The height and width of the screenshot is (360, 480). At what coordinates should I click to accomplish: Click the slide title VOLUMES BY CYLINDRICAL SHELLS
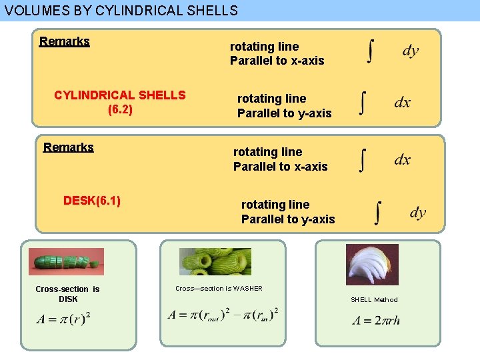click(x=121, y=11)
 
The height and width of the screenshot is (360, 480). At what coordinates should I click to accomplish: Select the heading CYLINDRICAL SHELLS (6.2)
click(x=120, y=102)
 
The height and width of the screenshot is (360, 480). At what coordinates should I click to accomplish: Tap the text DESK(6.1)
click(x=92, y=200)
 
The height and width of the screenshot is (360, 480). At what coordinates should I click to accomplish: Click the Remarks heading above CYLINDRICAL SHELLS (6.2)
click(x=65, y=41)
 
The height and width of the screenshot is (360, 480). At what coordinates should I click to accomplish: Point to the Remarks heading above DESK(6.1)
click(x=69, y=147)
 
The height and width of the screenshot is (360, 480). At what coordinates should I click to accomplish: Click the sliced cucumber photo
click(x=67, y=261)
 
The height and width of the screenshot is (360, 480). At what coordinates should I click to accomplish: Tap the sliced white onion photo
click(x=372, y=265)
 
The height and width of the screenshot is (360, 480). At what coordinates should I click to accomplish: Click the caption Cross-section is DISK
click(x=67, y=294)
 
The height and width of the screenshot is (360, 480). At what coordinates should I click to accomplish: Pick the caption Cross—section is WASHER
click(x=219, y=289)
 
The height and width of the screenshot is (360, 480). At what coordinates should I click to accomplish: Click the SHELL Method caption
click(x=374, y=300)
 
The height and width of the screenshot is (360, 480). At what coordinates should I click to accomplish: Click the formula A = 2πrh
click(x=377, y=321)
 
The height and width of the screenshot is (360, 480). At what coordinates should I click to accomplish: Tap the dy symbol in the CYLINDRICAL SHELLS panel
click(x=411, y=51)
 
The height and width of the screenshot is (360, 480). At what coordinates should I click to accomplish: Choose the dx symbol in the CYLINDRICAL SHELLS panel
click(x=403, y=103)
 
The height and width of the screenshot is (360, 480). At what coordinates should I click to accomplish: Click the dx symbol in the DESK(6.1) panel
click(x=403, y=160)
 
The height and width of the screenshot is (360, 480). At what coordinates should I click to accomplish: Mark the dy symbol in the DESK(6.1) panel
click(x=417, y=213)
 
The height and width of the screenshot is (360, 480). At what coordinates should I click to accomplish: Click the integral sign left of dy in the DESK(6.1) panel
click(x=379, y=214)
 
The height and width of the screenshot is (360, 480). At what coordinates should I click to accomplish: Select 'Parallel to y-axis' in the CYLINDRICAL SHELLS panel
click(x=285, y=113)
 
